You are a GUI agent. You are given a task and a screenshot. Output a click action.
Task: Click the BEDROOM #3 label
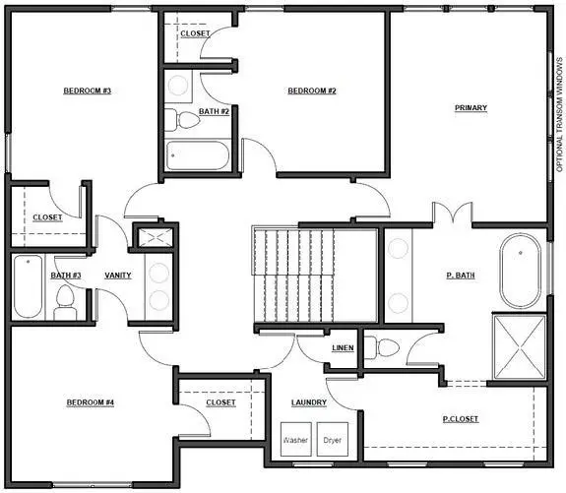coord(87,91)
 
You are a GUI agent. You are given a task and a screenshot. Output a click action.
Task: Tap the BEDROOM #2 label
coord(312,91)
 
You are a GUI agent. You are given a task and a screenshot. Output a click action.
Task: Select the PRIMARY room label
coord(471,107)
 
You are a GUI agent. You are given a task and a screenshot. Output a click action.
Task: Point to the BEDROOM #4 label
coord(91,402)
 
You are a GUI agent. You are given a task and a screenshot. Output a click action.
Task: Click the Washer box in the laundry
coord(294,440)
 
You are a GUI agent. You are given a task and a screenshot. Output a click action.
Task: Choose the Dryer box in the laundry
coord(334,440)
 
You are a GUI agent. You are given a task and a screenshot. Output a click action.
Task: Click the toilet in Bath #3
coord(66,302)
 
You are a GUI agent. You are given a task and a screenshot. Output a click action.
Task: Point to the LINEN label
coord(343,348)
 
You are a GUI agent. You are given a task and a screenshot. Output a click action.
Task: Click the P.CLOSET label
coord(459,419)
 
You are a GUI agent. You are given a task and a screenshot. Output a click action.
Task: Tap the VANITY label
coord(118,276)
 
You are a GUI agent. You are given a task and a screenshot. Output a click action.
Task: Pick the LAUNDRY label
coord(308,402)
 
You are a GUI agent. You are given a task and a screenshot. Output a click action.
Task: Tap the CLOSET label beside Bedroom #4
coord(220,402)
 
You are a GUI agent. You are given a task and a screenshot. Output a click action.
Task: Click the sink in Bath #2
coord(180,84)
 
